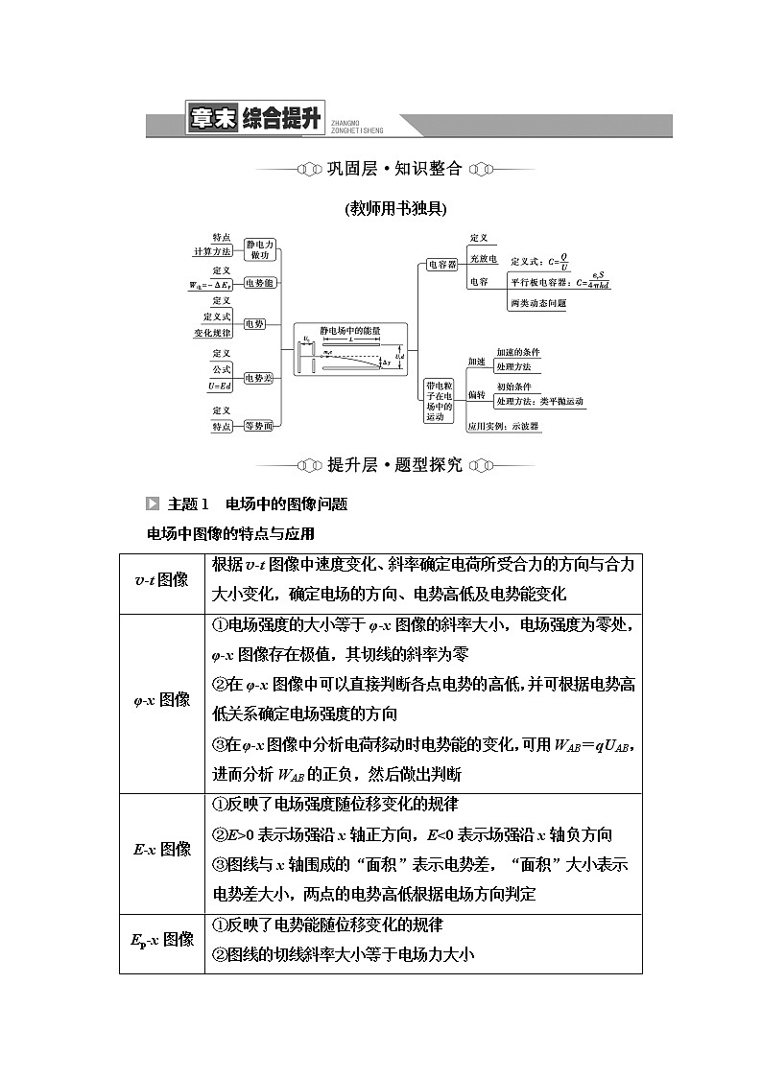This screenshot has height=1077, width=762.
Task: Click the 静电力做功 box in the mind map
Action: pyautogui.click(x=259, y=249)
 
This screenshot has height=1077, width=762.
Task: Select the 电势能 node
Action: pyautogui.click(x=259, y=284)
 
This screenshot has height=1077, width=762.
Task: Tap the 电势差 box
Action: pyautogui.click(x=259, y=379)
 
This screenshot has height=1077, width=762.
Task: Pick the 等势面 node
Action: pyautogui.click(x=259, y=426)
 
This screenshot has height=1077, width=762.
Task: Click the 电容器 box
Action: pyautogui.click(x=442, y=264)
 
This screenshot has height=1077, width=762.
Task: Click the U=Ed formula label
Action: pyautogui.click(x=220, y=386)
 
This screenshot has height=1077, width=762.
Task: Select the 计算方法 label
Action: pyautogui.click(x=212, y=251)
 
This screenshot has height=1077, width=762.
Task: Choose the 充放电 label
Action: pyautogui.click(x=483, y=260)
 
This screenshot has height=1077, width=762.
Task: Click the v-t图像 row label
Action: pyautogui.click(x=161, y=580)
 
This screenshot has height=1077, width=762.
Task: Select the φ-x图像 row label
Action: pyautogui.click(x=161, y=699)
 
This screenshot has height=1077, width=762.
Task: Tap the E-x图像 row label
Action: pyautogui.click(x=161, y=849)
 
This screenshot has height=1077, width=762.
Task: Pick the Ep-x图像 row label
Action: pyautogui.click(x=161, y=939)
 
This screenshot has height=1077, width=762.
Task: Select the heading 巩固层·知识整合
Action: pyautogui.click(x=394, y=169)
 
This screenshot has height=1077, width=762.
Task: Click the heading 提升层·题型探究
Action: pyautogui.click(x=394, y=465)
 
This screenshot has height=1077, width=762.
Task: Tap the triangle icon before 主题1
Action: pyautogui.click(x=153, y=503)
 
